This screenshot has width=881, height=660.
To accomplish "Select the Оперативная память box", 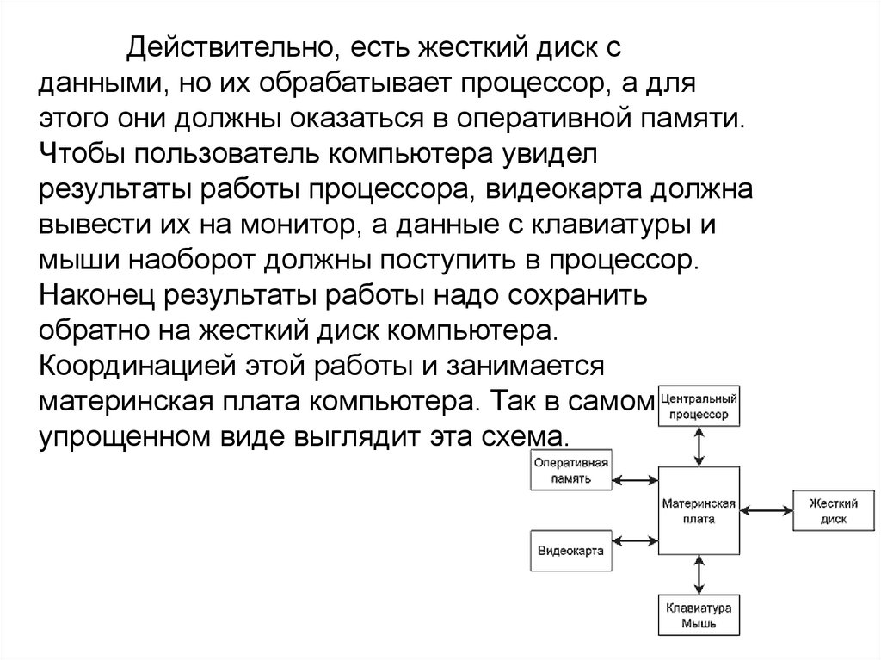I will [x=570, y=471].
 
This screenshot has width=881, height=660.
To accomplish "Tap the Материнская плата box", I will [x=698, y=511].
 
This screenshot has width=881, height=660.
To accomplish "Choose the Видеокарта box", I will [x=570, y=550].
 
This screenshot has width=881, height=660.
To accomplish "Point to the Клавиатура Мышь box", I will [x=698, y=614].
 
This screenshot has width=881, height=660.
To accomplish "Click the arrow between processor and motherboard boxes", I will [x=699, y=446].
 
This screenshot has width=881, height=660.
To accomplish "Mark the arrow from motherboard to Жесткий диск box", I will [x=766, y=511].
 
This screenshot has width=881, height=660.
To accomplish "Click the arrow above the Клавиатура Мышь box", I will [x=699, y=574].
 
